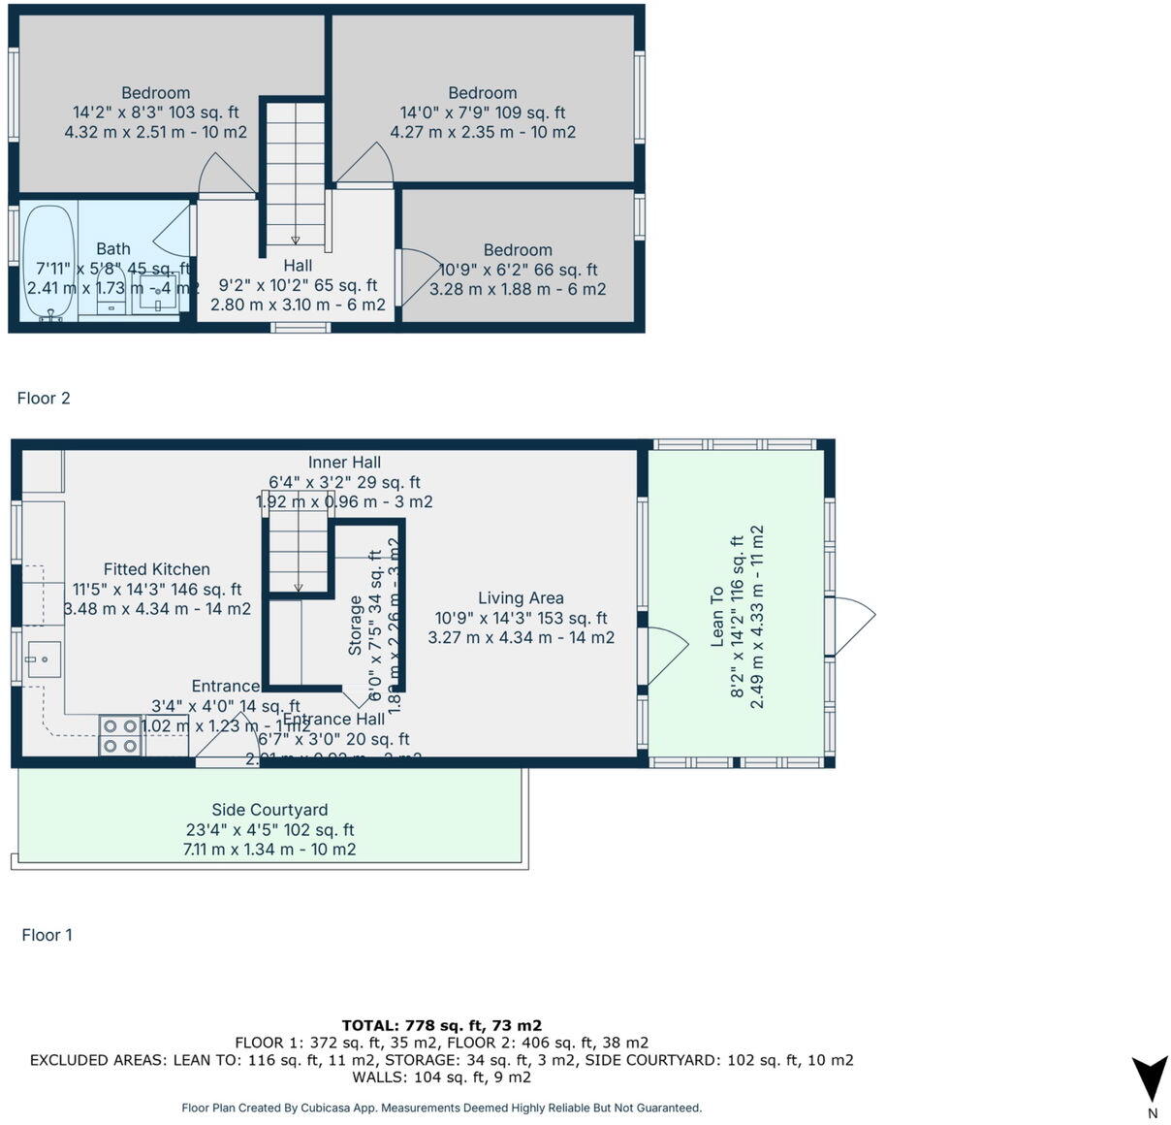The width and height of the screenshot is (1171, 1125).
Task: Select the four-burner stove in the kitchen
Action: click(120, 736)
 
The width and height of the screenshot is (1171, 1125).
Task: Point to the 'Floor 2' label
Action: click(44, 398)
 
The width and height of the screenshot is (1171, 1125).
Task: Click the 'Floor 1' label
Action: click(47, 935)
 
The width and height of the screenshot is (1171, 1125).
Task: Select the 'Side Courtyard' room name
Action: click(269, 810)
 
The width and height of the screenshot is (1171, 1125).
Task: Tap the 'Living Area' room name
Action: click(521, 598)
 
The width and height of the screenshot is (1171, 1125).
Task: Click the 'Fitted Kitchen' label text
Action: click(157, 569)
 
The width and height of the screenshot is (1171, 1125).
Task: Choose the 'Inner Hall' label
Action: click(344, 463)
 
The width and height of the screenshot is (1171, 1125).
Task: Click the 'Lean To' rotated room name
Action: click(717, 617)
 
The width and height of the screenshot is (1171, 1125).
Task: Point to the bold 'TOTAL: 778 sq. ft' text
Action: click(441, 1025)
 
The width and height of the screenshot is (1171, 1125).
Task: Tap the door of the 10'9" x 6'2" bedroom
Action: click(419, 276)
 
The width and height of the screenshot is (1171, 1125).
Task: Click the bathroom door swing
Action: click(174, 233)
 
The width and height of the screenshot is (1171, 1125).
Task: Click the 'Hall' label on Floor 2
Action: click(298, 266)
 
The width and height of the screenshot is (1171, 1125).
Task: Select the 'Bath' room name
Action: click(113, 249)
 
